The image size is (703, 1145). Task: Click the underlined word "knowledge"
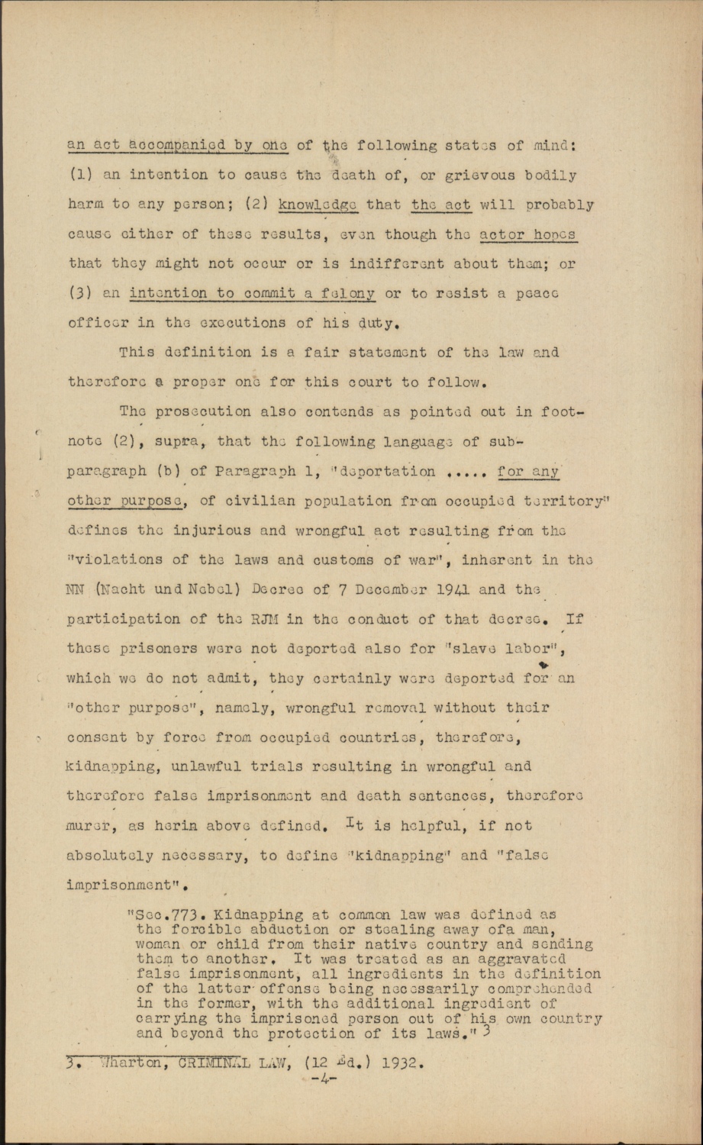(318, 205)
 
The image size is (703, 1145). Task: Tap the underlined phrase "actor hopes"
(533, 234)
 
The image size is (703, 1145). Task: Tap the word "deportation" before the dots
(392, 472)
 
